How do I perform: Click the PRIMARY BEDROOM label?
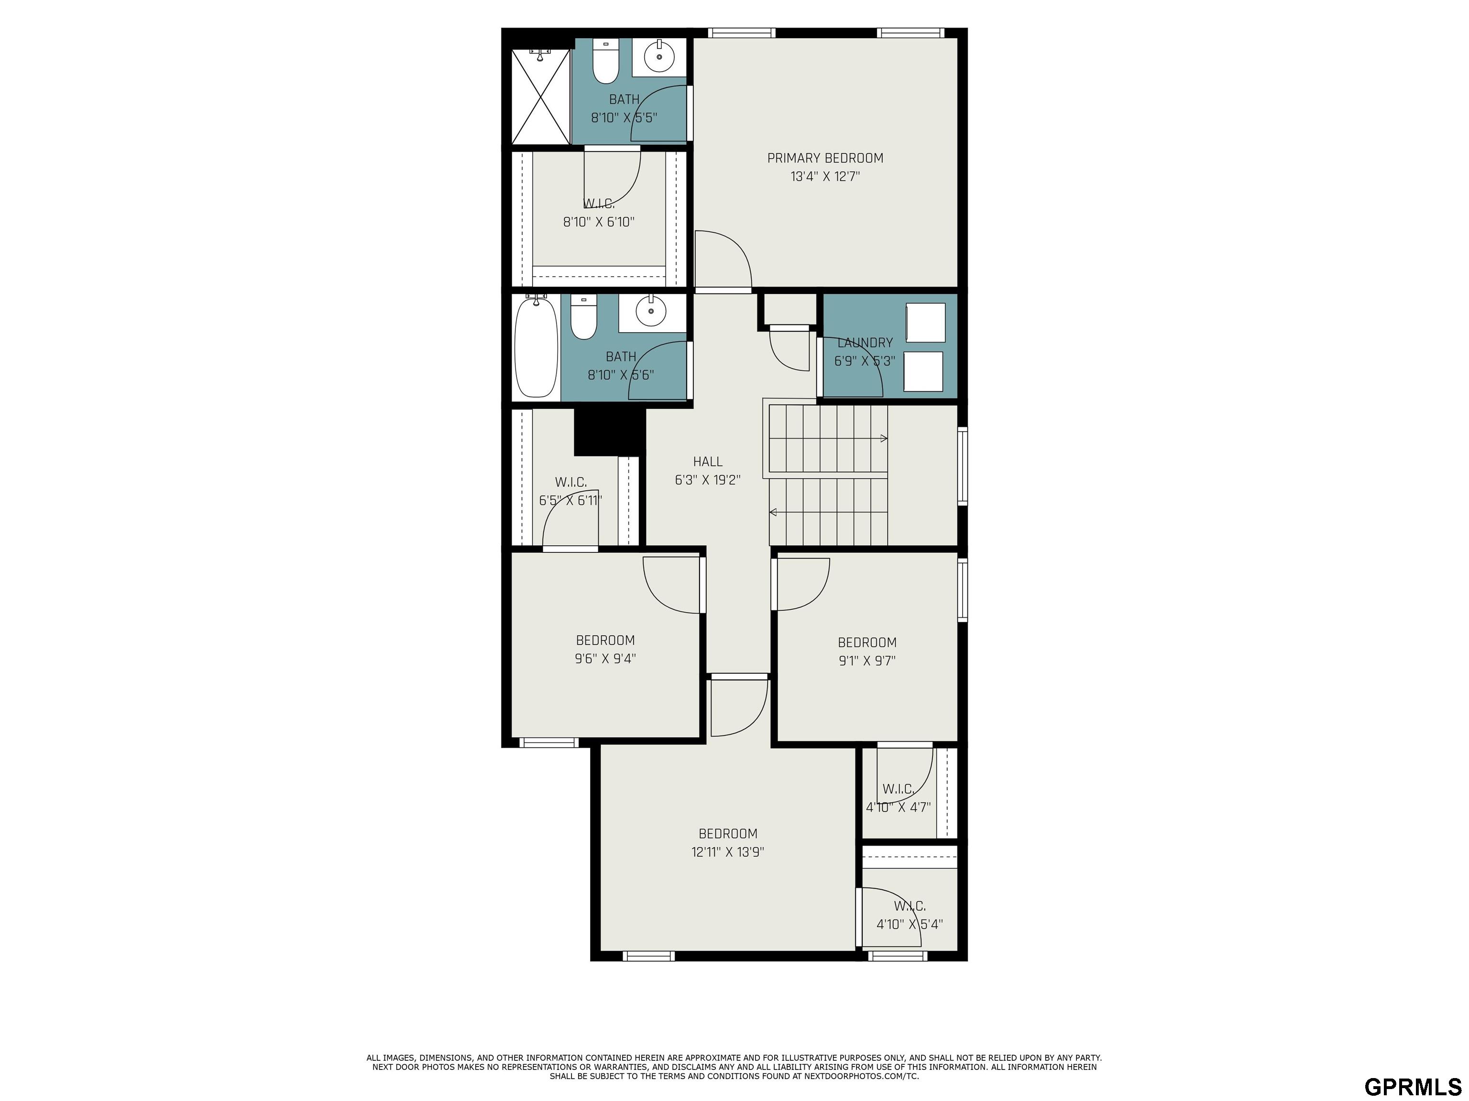pos(825,158)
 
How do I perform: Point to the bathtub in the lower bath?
pos(537,348)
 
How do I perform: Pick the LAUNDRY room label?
pos(865,343)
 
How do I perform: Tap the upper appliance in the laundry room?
pos(926,323)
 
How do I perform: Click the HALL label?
pos(708,461)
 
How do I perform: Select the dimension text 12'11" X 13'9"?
pos(728,852)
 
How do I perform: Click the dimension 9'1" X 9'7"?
pos(866,661)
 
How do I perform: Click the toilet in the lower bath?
pos(584,317)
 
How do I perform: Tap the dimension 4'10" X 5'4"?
pos(910,924)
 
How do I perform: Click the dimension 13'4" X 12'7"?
pos(825,176)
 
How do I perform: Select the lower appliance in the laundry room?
pos(924,372)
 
